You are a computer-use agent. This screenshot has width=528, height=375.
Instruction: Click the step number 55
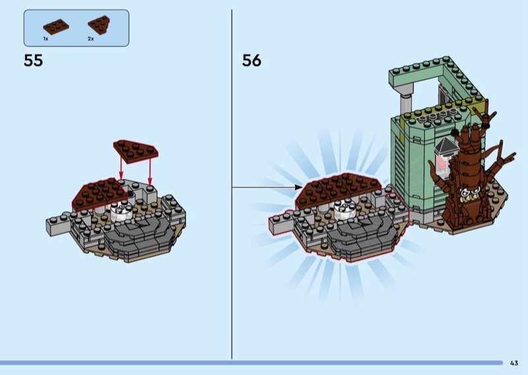(x=33, y=61)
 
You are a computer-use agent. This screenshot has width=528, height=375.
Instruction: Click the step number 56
(x=251, y=61)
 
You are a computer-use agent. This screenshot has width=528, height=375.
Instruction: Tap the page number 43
(x=514, y=362)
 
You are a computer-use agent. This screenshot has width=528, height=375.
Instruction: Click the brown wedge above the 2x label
(x=98, y=24)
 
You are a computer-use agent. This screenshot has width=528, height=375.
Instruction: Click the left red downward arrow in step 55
(x=121, y=168)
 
